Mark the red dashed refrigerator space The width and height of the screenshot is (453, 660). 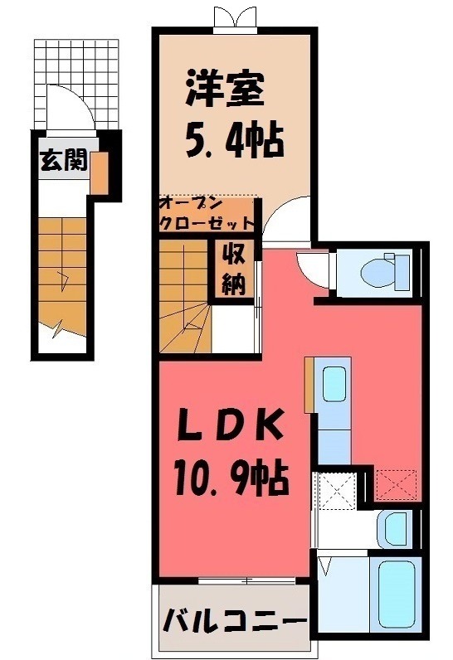(395, 483)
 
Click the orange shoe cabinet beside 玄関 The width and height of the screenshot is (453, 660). (99, 171)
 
